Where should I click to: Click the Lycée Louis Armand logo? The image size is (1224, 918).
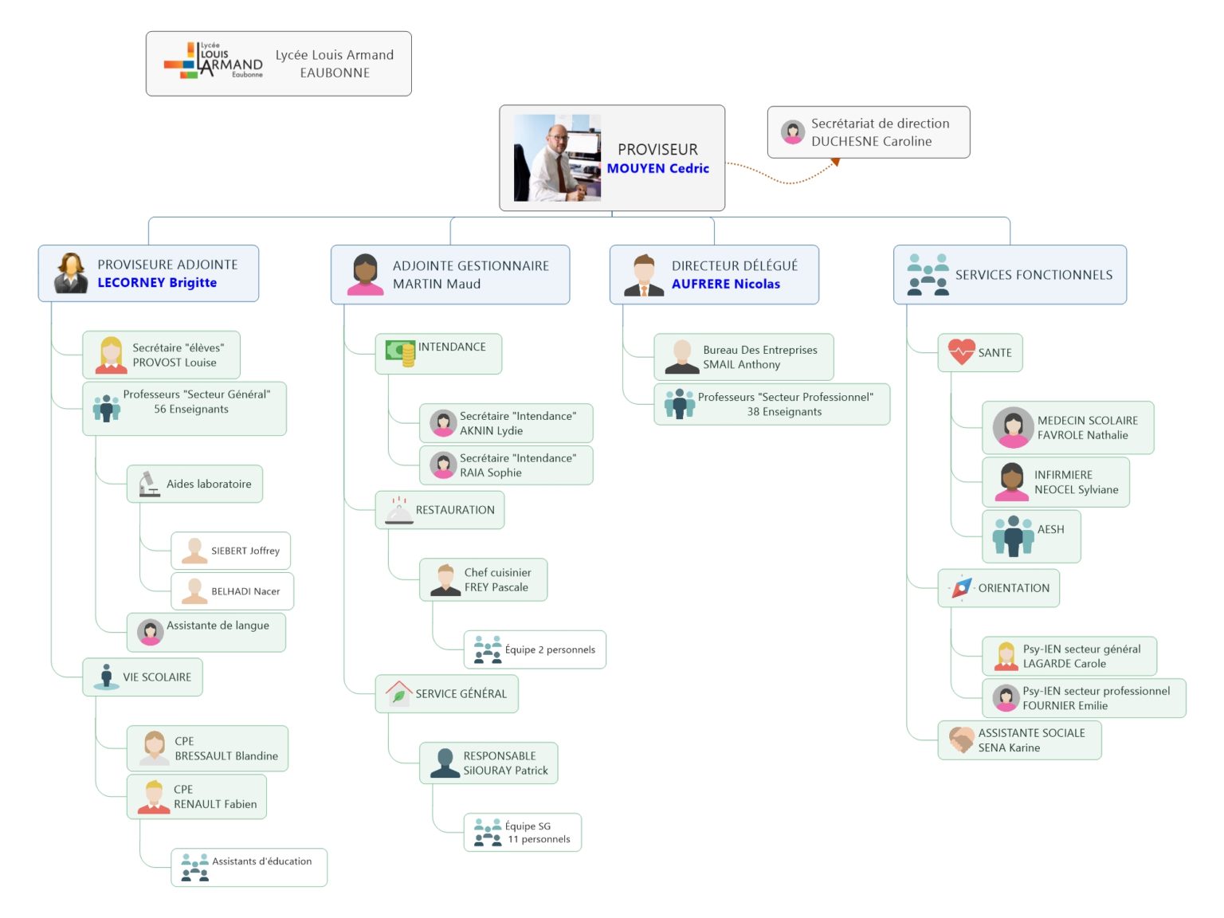(213, 61)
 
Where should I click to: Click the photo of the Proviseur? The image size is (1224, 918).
(557, 158)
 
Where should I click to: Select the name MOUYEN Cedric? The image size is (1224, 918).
(657, 168)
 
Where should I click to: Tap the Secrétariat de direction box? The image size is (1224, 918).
(869, 132)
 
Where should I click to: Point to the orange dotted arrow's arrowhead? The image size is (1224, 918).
(835, 162)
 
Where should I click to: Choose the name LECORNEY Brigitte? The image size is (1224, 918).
(157, 283)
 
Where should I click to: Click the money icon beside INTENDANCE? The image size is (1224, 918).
(400, 351)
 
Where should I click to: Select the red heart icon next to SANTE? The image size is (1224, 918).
(961, 351)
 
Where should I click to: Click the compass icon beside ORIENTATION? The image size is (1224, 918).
(961, 588)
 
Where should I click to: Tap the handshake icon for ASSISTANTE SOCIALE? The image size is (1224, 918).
(961, 740)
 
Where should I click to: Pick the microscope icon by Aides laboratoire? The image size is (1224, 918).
(148, 484)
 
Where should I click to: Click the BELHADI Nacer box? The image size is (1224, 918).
(232, 591)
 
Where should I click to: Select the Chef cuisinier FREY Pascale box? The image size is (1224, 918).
(483, 580)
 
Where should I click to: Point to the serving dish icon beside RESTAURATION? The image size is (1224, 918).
(398, 511)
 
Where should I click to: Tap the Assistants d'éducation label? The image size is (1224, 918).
(261, 861)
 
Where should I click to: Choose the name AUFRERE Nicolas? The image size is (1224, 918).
(725, 284)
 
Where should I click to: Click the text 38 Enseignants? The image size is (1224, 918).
(784, 412)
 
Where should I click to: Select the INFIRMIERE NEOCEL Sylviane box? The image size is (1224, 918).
(1056, 482)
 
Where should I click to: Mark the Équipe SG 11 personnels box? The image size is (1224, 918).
(523, 833)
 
